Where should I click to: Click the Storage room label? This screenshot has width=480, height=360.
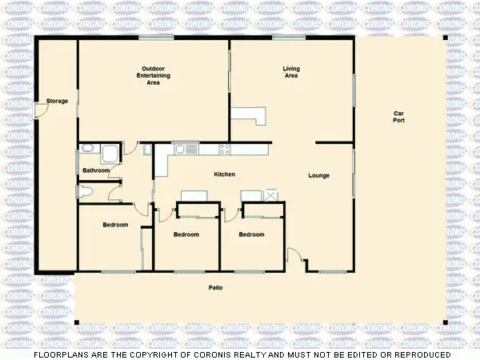tap(57, 101)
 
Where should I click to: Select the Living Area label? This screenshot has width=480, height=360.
tap(291, 73)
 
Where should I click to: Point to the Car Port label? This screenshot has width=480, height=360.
tap(398, 115)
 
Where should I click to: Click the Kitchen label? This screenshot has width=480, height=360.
tap(224, 174)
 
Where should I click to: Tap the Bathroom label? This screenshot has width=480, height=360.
tap(96, 170)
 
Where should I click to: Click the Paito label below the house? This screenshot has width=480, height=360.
tap(215, 286)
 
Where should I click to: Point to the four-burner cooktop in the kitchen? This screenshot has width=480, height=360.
tap(225, 148)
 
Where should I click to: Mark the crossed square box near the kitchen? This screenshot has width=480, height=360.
tap(271, 195)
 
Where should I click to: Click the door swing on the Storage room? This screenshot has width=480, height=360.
tap(42, 111)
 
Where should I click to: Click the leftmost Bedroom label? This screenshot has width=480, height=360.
tap(115, 225)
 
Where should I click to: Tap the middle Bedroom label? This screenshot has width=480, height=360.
tap(186, 234)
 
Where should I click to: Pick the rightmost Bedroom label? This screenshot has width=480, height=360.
tap(251, 234)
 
